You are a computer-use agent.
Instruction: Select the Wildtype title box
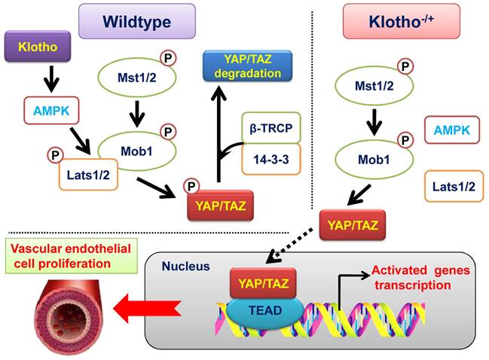coord(137,22)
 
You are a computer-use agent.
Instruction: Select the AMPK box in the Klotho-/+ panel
coord(451,131)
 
